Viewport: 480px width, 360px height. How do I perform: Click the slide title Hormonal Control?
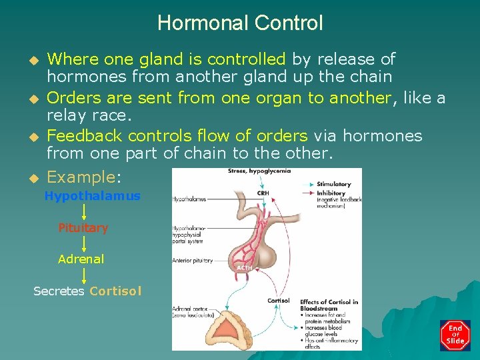[x=240, y=23]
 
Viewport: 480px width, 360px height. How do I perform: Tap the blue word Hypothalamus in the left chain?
[x=92, y=196]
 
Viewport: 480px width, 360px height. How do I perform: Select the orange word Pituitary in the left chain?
[x=83, y=228]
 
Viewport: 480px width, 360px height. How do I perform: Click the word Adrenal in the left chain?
[x=81, y=259]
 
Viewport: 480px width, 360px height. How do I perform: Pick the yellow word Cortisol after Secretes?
[x=115, y=291]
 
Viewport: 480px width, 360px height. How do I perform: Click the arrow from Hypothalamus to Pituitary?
[x=83, y=212]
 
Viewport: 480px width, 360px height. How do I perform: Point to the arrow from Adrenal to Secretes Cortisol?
[x=83, y=275]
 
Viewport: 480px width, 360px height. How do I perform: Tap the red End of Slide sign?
[x=455, y=335]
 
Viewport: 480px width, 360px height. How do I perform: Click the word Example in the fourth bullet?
[x=81, y=177]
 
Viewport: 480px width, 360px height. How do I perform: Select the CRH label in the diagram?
[x=263, y=193]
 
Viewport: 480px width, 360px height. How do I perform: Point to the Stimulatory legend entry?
[x=333, y=184]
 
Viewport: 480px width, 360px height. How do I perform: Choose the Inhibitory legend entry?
[x=331, y=193]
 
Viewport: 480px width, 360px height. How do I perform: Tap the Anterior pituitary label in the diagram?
[x=193, y=261]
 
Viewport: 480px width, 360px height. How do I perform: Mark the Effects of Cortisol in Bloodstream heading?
[x=328, y=305]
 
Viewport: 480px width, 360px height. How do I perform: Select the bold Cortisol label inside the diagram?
[x=278, y=301]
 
